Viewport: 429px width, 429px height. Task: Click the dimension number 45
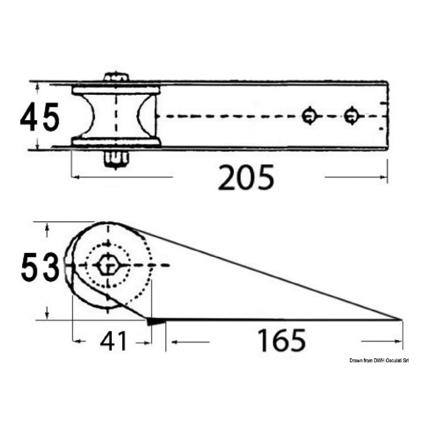tap(40, 117)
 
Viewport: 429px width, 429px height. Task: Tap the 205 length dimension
tap(246, 177)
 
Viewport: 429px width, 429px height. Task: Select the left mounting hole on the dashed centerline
tap(308, 116)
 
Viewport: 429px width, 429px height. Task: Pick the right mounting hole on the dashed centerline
tap(352, 116)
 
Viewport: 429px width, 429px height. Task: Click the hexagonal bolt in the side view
tap(108, 265)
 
